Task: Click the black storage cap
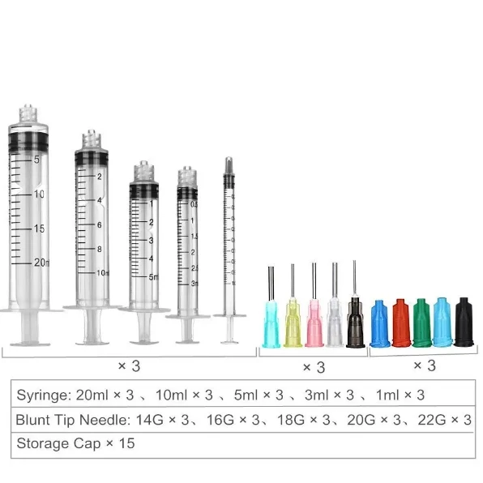coord(463,323)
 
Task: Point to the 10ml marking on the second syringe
coord(102,273)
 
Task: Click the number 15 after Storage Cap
coord(128,444)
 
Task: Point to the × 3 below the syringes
coord(129,366)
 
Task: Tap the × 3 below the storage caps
coord(424,365)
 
